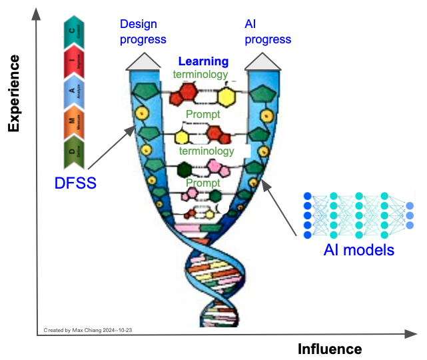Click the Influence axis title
[330, 349]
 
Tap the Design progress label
[143, 31]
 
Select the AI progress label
[267, 31]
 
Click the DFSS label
[76, 181]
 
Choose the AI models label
[359, 251]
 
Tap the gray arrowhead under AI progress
[262, 61]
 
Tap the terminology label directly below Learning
[200, 75]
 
